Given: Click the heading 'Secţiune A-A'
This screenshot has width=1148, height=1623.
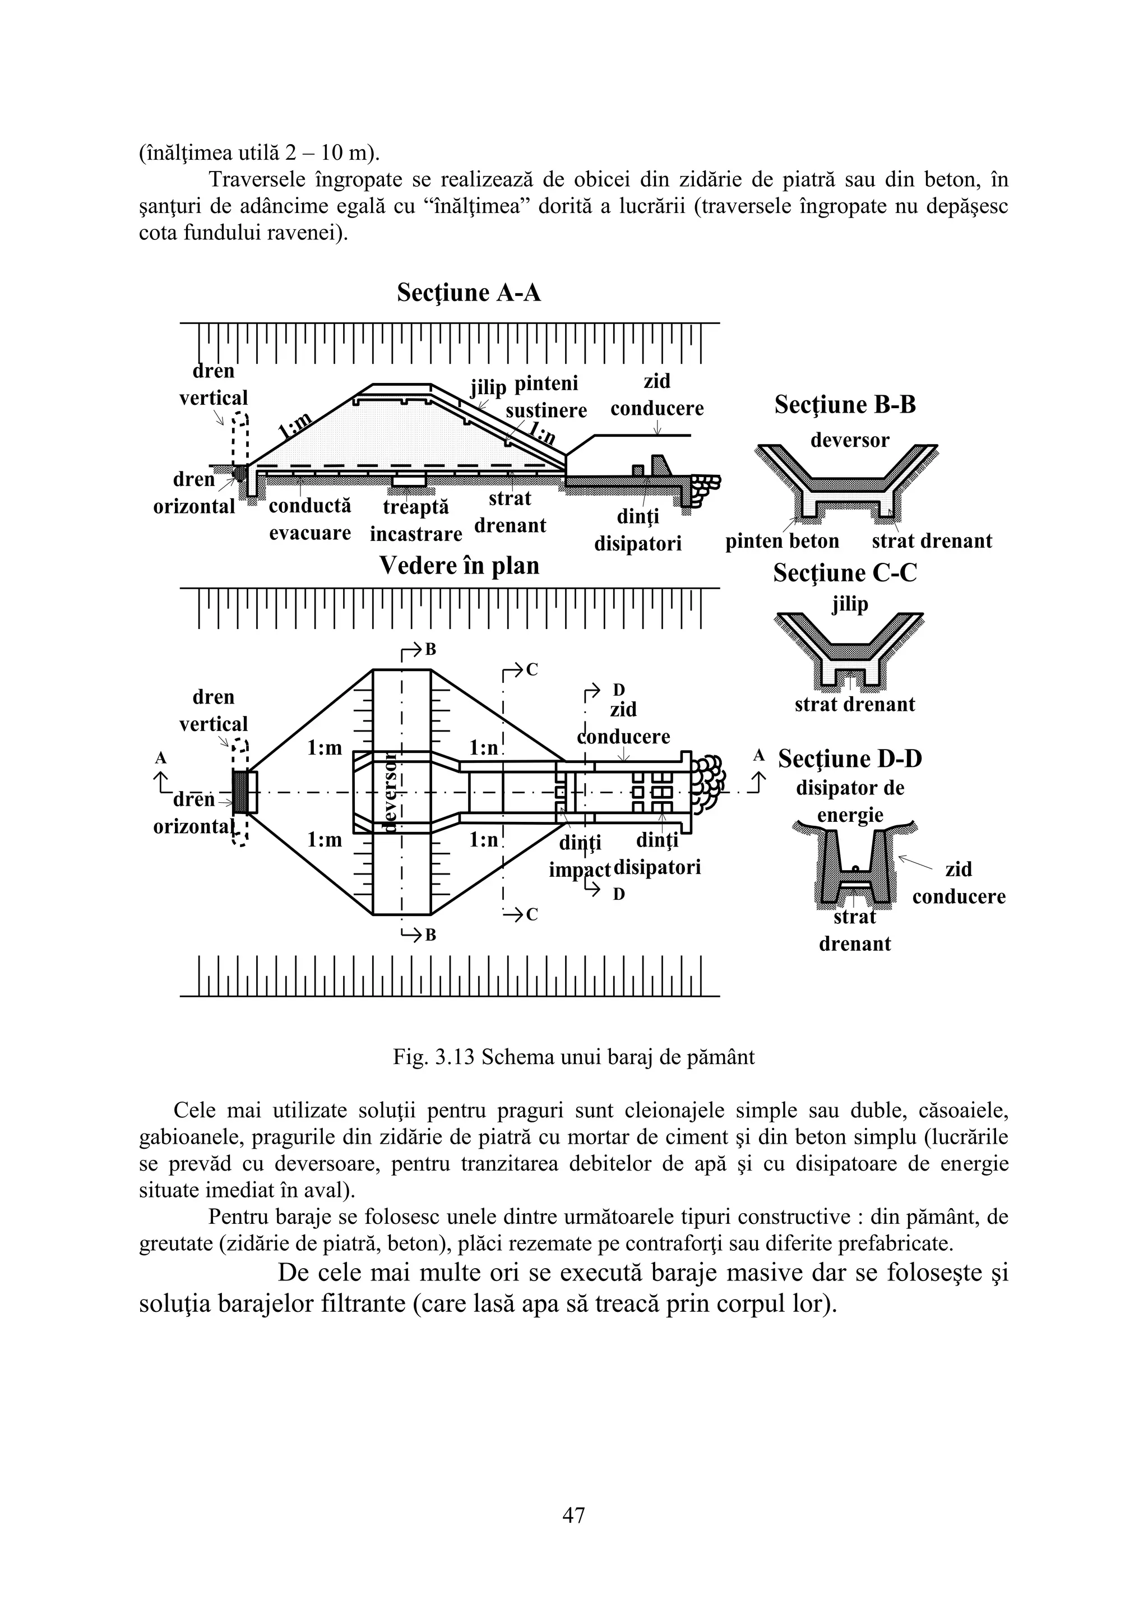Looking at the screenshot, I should (x=469, y=293).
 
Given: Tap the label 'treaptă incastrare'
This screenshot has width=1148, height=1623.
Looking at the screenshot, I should (x=416, y=521).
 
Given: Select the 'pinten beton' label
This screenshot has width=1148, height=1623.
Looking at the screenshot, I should (x=782, y=542).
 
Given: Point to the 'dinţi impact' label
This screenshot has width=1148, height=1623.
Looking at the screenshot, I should (x=580, y=856).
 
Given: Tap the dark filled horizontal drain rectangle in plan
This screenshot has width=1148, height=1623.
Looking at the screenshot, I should (x=241, y=792).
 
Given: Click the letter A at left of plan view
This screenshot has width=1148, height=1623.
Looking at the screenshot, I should (x=161, y=759).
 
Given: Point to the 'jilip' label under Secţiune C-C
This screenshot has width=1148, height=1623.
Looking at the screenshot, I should (x=850, y=605).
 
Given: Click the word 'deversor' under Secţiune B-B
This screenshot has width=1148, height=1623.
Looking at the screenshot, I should (x=850, y=441).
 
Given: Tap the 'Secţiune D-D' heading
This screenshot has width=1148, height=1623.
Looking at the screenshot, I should (x=850, y=759).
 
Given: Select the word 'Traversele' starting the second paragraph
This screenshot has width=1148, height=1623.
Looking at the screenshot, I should (x=257, y=181).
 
